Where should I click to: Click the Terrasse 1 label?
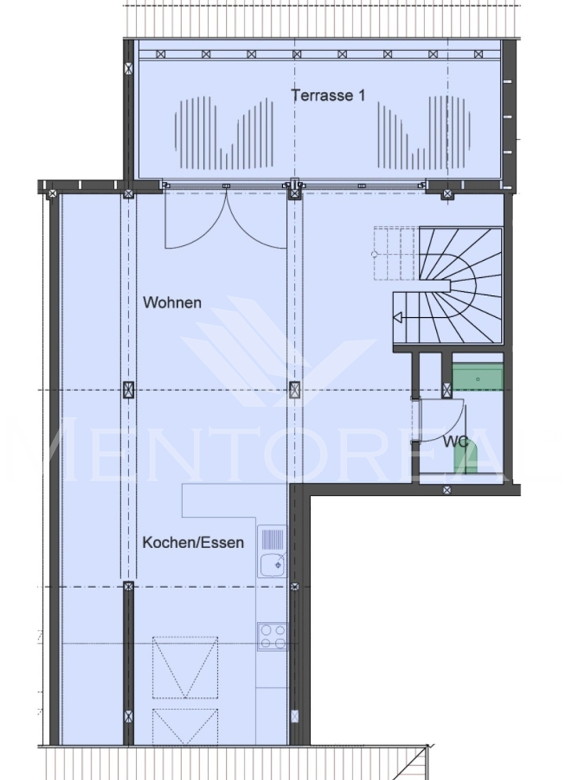tap(327, 95)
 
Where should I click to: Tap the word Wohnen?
tap(172, 303)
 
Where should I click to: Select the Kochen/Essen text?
tap(193, 542)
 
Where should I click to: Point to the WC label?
tap(456, 442)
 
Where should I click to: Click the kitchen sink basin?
tap(273, 564)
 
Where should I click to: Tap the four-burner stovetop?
tap(272, 636)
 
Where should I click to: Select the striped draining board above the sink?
tap(272, 539)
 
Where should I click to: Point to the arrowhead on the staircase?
tap(398, 318)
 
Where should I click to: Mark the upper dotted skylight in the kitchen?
tap(185, 667)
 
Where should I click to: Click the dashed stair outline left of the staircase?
tap(395, 253)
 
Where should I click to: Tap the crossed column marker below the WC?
tap(447, 490)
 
